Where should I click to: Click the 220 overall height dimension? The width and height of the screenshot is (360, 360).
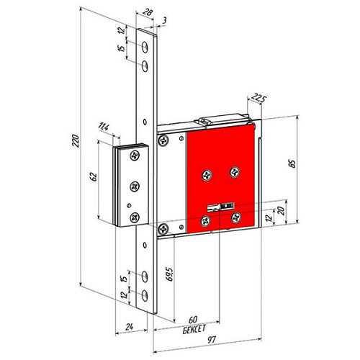pos(76,141)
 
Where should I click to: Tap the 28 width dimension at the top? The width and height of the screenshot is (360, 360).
pos(147,12)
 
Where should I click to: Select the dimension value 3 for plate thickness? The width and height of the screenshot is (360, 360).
pos(164,21)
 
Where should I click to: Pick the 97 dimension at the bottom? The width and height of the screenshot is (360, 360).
pos(212,340)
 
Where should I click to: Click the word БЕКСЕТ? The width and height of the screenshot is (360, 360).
pos(194,329)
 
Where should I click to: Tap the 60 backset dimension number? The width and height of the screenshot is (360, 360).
pos(193,320)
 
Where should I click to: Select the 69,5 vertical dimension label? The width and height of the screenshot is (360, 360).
pos(169,274)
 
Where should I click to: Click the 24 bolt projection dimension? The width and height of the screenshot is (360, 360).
pos(130,327)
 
